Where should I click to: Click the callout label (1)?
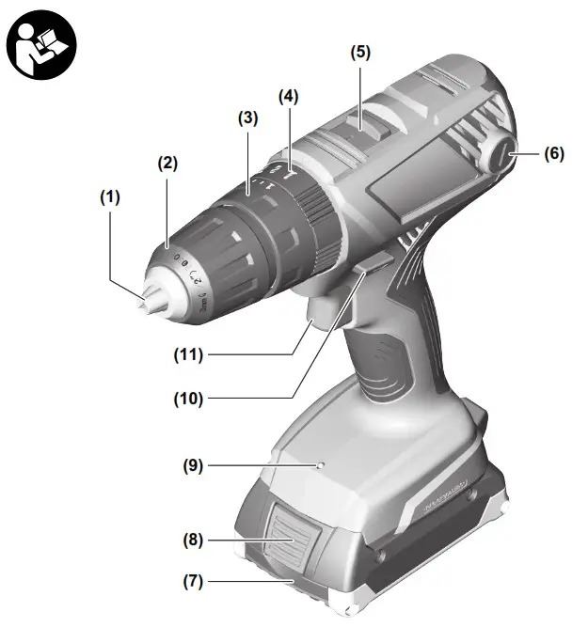click(x=112, y=198)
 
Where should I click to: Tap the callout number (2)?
click(x=167, y=163)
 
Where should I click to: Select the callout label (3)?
click(x=246, y=119)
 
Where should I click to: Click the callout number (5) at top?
click(x=361, y=54)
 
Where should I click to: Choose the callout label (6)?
click(x=553, y=153)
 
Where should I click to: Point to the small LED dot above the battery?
click(x=320, y=465)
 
